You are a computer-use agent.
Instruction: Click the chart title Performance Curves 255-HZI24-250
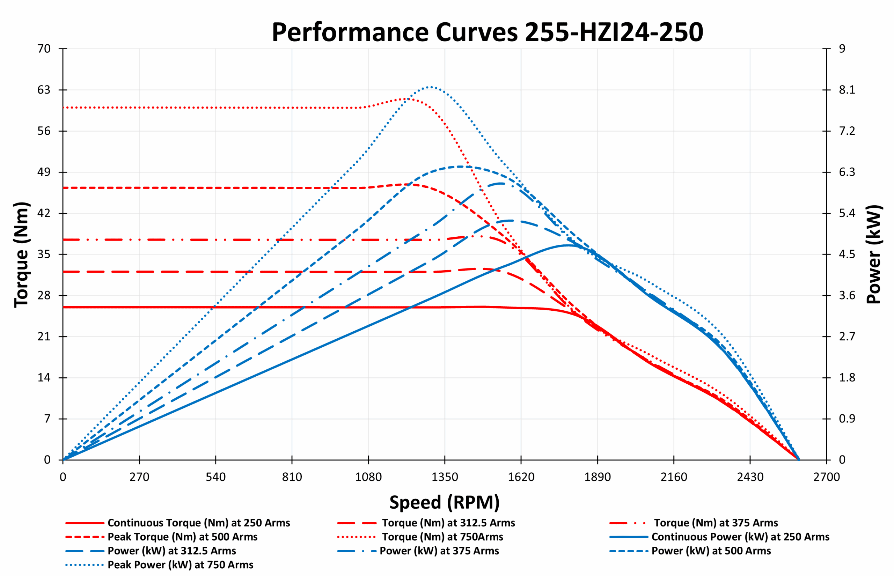pos(487,32)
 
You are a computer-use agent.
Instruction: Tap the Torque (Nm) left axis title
pos(21,254)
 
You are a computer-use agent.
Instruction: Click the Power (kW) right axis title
pos(874,254)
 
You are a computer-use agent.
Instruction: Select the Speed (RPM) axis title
pos(445,502)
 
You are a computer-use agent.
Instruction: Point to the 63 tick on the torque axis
pos(44,90)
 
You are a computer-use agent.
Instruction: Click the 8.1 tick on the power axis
pos(847,90)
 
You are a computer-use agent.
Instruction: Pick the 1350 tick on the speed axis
pos(445,477)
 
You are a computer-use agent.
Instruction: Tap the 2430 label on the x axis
pos(750,477)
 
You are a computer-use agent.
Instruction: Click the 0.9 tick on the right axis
pos(847,419)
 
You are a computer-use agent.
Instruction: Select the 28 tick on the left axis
pos(44,295)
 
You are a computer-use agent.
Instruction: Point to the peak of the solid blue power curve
pos(568,245)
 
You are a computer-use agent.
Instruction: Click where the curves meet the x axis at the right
pos(798,460)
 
